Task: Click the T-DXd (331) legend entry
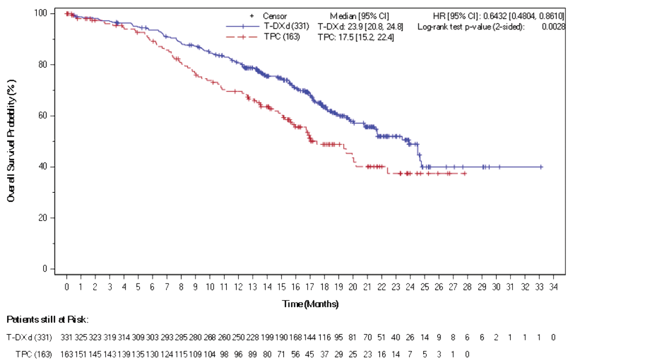point(286,26)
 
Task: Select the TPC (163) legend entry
point(282,37)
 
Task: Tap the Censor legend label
point(274,16)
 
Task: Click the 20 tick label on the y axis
point(42,218)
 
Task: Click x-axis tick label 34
point(553,287)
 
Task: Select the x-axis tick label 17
point(310,287)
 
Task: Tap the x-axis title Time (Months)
point(310,304)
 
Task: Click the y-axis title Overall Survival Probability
point(11,141)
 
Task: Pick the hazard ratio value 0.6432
point(495,16)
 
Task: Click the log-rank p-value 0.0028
point(553,26)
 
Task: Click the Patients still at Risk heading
point(47,320)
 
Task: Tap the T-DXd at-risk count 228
point(252,338)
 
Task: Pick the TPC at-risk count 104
point(210,354)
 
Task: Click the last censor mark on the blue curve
point(541,167)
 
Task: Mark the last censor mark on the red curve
point(464,174)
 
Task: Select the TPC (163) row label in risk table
point(34,354)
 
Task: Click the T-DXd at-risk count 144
point(310,338)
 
